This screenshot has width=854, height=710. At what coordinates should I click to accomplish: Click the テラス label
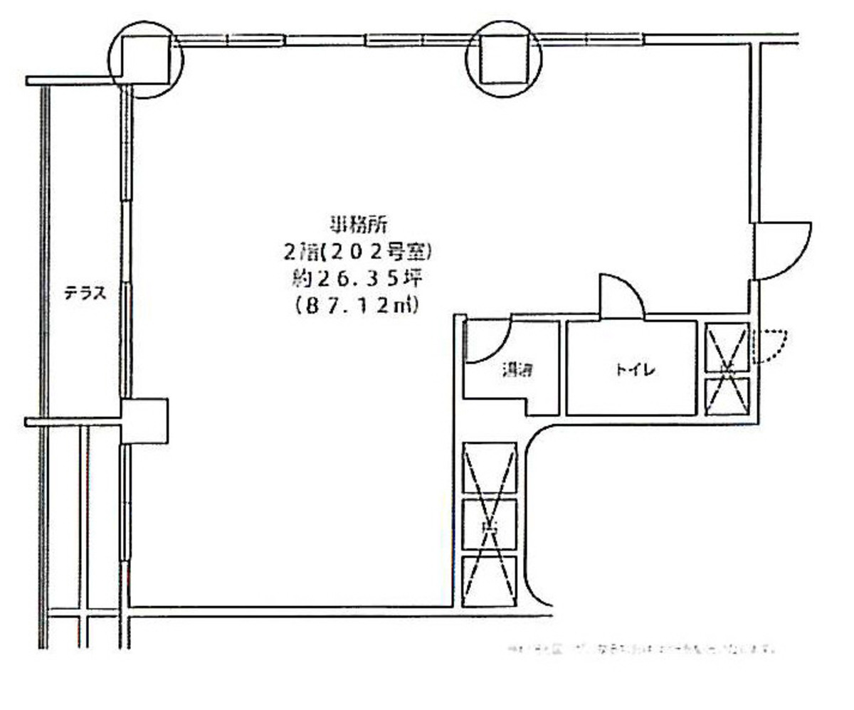tap(85, 293)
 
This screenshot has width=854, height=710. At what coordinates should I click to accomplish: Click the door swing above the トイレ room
tap(621, 295)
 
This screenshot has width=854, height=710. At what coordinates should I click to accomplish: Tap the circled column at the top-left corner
tap(147, 59)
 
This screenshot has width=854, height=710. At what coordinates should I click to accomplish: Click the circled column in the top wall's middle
tap(503, 59)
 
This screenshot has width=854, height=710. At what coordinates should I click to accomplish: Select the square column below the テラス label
tap(144, 420)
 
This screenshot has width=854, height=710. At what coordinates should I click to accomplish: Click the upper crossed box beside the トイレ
tap(727, 347)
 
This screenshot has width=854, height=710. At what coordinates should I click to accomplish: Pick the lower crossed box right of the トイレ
tap(727, 396)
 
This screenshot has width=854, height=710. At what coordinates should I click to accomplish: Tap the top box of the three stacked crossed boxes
tap(489, 469)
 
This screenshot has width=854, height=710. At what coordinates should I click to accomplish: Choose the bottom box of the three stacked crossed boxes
tap(489, 581)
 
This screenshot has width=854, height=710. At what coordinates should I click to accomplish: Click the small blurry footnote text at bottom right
tap(640, 649)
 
